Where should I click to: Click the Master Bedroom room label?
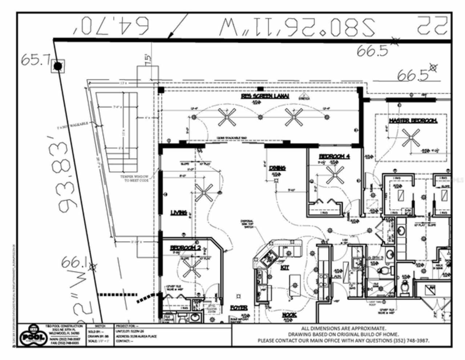pyautogui.click(x=413, y=121)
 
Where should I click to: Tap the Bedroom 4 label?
pyautogui.click(x=334, y=156)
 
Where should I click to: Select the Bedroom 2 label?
pyautogui.click(x=185, y=248)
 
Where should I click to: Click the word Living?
pyautogui.click(x=179, y=213)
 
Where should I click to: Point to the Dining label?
pyautogui.click(x=277, y=168)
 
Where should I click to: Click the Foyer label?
pyautogui.click(x=239, y=308)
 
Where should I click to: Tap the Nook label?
pyautogui.click(x=289, y=315)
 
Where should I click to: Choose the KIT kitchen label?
pyautogui.click(x=285, y=267)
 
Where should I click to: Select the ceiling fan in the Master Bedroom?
pyautogui.click(x=411, y=138)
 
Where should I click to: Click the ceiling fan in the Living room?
pyautogui.click(x=205, y=193)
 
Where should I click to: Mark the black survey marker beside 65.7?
pyautogui.click(x=58, y=66)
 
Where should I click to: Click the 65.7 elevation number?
pyautogui.click(x=35, y=60)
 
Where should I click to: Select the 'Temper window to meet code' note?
pyautogui.click(x=135, y=178)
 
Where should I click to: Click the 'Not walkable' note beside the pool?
pyautogui.click(x=73, y=126)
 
